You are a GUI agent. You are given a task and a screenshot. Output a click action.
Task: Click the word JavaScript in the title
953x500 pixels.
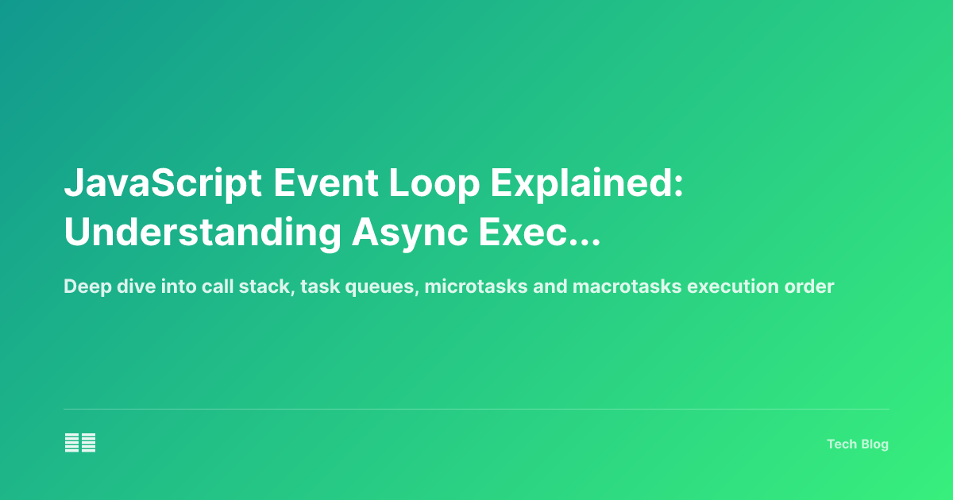(164, 185)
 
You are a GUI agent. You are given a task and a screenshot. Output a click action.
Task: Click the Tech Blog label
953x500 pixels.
(857, 444)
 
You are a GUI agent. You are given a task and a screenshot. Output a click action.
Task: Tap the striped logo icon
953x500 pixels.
(80, 443)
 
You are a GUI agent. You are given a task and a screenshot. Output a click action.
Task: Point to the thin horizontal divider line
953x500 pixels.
(476, 410)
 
